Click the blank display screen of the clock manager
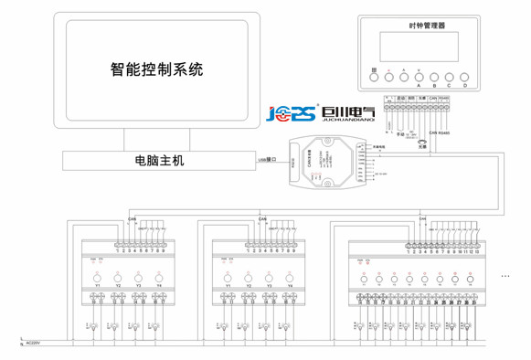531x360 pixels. pyautogui.click(x=422, y=48)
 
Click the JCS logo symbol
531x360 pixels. pyautogui.click(x=292, y=113)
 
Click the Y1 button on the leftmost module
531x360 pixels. pyautogui.click(x=96, y=278)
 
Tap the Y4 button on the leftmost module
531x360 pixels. pyautogui.click(x=158, y=278)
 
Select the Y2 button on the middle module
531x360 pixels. pyautogui.click(x=248, y=278)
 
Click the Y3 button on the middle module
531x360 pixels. pyautogui.click(x=269, y=278)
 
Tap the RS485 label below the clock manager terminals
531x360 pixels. pyautogui.click(x=445, y=132)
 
